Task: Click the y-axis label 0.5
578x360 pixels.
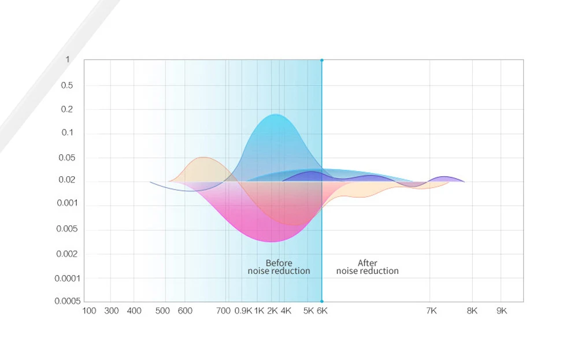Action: tap(66, 86)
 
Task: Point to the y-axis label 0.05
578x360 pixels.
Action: tap(66, 158)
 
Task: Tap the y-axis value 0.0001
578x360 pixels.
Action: tap(67, 279)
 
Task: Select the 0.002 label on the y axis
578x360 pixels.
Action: tap(66, 254)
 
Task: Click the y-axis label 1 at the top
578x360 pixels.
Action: tap(68, 60)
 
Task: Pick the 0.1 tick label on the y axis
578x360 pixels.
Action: tap(67, 133)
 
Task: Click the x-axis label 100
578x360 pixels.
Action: tap(89, 311)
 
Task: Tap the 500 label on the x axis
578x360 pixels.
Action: tap(162, 311)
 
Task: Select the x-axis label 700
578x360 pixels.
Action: tap(223, 311)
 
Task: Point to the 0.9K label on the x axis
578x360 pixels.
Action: tap(243, 311)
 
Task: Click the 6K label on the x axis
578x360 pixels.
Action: tap(322, 311)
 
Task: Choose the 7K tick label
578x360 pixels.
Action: tap(431, 311)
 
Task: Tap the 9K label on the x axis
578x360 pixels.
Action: tap(502, 311)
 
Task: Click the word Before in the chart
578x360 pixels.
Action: tap(279, 263)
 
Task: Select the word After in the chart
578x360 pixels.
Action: tap(367, 263)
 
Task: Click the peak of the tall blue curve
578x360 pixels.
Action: tap(275, 114)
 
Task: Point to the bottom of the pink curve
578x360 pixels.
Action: tap(271, 242)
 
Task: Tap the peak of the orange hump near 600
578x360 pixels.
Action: tap(203, 158)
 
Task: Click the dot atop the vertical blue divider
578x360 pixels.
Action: tap(322, 60)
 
